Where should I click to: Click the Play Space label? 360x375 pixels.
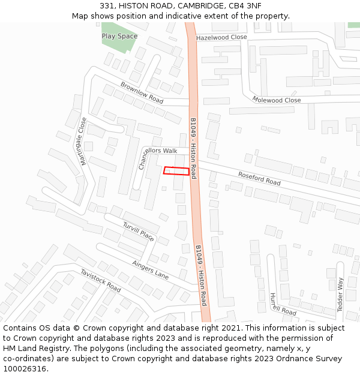(119, 36)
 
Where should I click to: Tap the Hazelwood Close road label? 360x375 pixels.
(221, 37)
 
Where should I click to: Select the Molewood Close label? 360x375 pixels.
(277, 100)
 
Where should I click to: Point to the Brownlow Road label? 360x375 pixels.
(142, 92)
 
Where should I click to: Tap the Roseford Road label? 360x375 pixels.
(259, 178)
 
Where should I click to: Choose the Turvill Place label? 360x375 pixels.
(139, 232)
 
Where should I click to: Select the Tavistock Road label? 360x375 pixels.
(101, 280)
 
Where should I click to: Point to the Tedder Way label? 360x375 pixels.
(340, 294)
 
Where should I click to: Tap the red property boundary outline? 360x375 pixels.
(176, 171)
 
